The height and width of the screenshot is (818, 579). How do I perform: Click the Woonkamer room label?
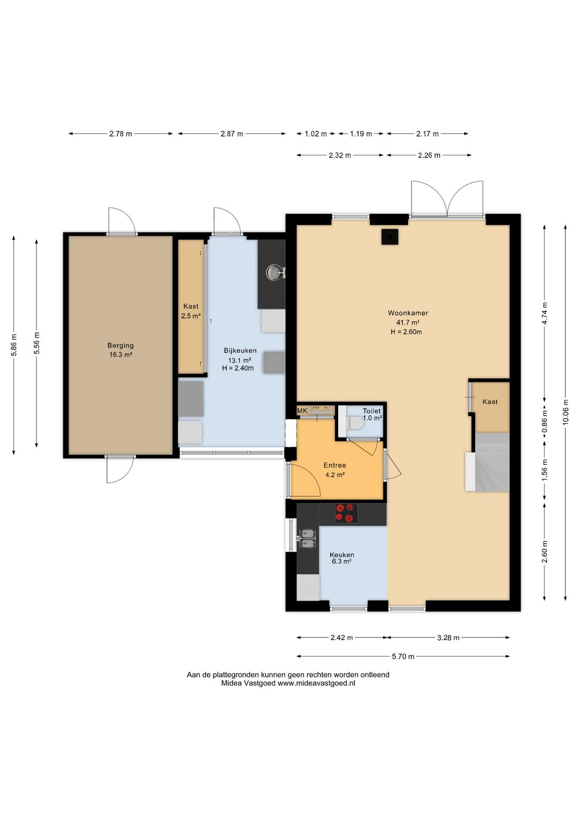[x=407, y=313]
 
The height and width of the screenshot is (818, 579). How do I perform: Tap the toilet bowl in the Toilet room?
[x=354, y=423]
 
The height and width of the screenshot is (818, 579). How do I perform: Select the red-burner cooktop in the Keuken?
[x=346, y=512]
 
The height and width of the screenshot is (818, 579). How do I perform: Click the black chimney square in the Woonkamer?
[x=390, y=236]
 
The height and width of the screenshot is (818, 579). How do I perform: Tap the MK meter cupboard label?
[x=302, y=411]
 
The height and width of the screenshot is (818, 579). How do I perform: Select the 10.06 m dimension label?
[x=566, y=412]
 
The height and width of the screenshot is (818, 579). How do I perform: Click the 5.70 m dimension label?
[x=403, y=657]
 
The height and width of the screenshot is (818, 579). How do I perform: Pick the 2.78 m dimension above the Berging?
[x=121, y=133]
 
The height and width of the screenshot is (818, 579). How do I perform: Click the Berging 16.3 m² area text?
[x=121, y=354]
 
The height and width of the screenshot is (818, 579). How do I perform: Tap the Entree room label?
[x=335, y=465]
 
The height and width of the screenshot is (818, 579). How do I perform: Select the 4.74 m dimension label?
[x=545, y=314]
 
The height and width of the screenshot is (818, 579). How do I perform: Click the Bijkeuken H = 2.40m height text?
[x=238, y=368]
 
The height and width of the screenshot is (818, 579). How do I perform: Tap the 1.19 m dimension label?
[x=361, y=133]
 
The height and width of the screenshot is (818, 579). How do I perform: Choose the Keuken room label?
[x=342, y=555]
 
